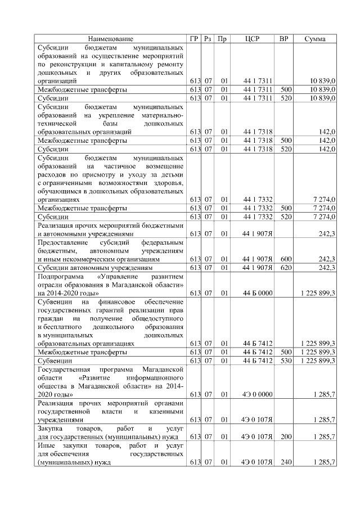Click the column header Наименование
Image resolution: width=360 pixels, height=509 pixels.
(111, 39)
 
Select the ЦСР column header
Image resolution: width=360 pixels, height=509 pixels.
(252, 39)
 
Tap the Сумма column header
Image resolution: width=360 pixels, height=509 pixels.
(317, 39)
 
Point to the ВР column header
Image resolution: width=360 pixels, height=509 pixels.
(285, 39)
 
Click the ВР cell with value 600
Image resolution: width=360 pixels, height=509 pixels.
(286, 259)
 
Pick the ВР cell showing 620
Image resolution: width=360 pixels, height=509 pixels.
(286, 268)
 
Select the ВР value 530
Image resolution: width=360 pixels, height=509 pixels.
(286, 360)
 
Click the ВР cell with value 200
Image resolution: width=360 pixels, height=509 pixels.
(286, 436)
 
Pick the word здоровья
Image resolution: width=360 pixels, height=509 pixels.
(169, 182)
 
